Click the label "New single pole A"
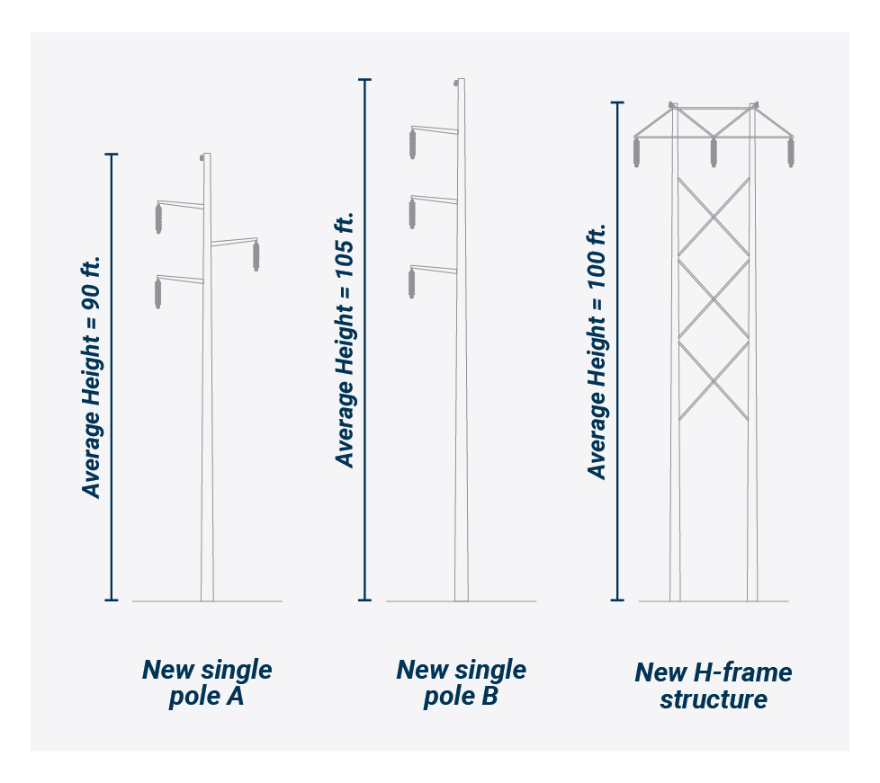coord(207,682)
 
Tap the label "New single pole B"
coord(461,682)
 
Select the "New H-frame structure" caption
coord(714,685)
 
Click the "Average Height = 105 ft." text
coord(346,339)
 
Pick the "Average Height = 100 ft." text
coord(597,351)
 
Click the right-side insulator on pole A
coord(256,255)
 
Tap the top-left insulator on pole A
coord(158,218)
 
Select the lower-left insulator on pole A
coord(157,293)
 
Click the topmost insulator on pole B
coord(413,144)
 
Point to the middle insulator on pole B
coord(412,213)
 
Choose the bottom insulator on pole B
coord(412,282)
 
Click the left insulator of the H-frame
coord(637,152)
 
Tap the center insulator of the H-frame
coord(714,152)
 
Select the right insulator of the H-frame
coord(792,152)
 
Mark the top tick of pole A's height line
coord(112,155)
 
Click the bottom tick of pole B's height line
coord(365,600)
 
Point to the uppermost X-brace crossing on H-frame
coord(714,218)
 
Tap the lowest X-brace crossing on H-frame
coord(714,380)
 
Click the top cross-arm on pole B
coord(435,129)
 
